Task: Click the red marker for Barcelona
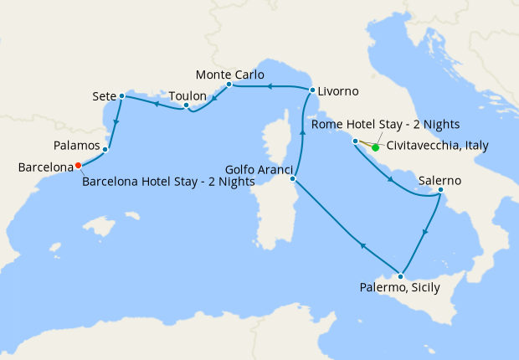(78, 165)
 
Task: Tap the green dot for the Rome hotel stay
(375, 148)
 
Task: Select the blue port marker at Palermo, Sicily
(402, 276)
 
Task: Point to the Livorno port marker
(312, 90)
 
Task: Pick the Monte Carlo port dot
(229, 85)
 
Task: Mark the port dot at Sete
(122, 95)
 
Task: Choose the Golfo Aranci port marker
(292, 178)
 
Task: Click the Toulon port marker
(186, 105)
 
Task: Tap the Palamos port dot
(105, 150)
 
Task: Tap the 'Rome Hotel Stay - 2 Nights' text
(384, 125)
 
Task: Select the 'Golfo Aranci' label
(256, 169)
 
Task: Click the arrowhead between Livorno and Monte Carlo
(270, 85)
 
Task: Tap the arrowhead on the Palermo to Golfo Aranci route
(362, 244)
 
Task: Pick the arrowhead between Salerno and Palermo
(425, 231)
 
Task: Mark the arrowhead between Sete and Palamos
(115, 122)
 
